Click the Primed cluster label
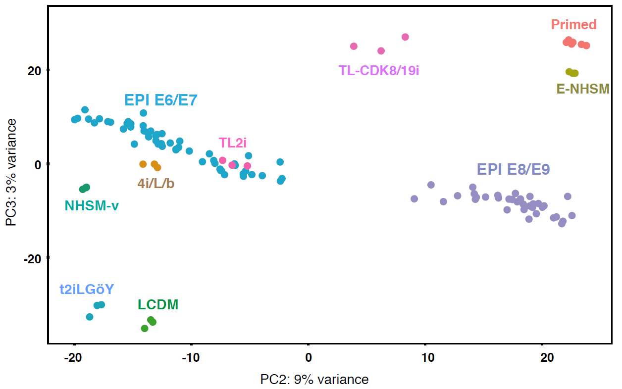[x=573, y=25]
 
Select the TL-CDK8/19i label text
[x=379, y=70]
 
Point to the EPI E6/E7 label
[x=160, y=100]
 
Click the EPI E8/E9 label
[x=513, y=170]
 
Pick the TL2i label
[x=233, y=143]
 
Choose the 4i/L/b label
[x=156, y=183]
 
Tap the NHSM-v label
[x=92, y=205]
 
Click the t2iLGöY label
[x=87, y=290]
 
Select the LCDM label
[x=158, y=304]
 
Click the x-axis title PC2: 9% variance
[x=314, y=380]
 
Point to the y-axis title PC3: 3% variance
[x=11, y=172]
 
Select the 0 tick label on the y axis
[x=38, y=164]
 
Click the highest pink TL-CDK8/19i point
[x=405, y=37]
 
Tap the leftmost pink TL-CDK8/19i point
[x=354, y=47]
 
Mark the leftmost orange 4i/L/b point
[x=143, y=164]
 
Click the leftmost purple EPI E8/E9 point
[x=415, y=199]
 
